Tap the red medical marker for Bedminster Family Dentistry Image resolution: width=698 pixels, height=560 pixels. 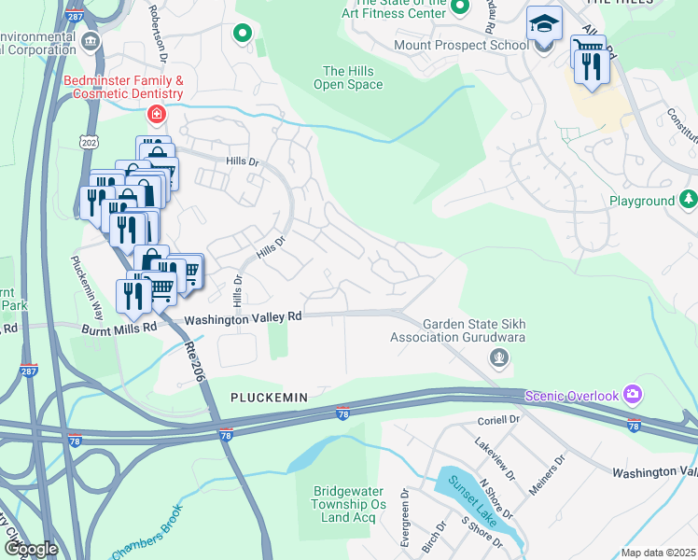[x=157, y=115]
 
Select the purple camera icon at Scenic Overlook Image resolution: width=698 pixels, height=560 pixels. [x=634, y=396]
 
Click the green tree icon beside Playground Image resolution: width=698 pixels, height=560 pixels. [x=688, y=200]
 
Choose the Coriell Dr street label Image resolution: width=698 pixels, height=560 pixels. [x=497, y=420]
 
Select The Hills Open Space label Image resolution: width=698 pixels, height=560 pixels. [x=353, y=77]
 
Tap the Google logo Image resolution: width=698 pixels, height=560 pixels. [x=31, y=549]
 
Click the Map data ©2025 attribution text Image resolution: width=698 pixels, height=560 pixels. [x=658, y=553]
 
